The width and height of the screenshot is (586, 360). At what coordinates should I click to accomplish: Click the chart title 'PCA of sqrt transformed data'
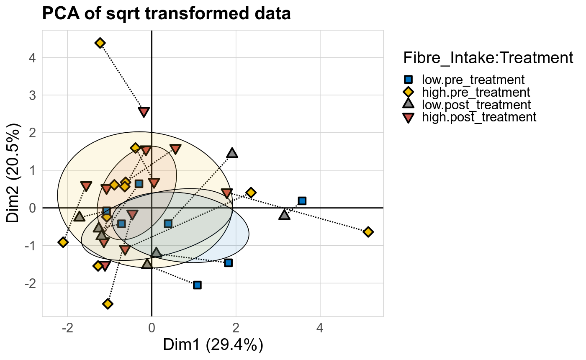(x=166, y=14)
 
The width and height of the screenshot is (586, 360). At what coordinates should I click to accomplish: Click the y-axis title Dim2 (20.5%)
(x=13, y=174)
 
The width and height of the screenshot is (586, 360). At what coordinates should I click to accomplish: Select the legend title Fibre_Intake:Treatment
(x=488, y=58)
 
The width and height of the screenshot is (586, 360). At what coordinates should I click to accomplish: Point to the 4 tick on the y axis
(x=33, y=57)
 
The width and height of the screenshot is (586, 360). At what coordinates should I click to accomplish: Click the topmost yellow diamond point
(x=100, y=43)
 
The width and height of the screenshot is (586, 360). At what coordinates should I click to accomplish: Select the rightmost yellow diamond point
(x=368, y=232)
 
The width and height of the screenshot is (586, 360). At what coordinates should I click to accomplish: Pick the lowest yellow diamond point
(x=108, y=303)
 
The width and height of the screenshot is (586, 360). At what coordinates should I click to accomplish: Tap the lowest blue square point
(x=197, y=285)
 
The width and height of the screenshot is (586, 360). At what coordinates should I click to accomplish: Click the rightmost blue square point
(x=302, y=201)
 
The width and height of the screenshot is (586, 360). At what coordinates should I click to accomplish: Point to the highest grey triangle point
(x=232, y=153)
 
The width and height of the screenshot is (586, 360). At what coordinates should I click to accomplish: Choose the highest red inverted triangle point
(x=144, y=112)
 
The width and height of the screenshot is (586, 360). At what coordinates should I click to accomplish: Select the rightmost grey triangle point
(x=285, y=215)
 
